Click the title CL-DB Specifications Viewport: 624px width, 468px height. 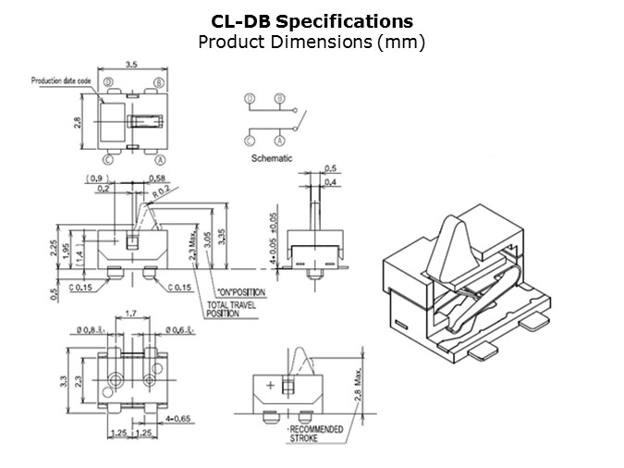pos(312,20)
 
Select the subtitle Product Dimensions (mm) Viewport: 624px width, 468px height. pos(312,42)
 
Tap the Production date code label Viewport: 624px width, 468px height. pos(61,80)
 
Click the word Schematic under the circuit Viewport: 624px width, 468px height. pos(272,158)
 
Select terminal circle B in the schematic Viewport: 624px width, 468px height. pos(278,99)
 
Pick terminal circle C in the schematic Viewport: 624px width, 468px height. pos(250,141)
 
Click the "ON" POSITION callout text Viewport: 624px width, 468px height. pos(239,291)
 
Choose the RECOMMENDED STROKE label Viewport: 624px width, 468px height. pos(316,433)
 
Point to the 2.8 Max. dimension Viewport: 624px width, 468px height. pos(355,382)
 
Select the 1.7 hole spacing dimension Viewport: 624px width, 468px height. pos(132,314)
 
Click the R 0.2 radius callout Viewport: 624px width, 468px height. pos(161,191)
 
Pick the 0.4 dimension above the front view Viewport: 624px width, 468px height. pos(330,183)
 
